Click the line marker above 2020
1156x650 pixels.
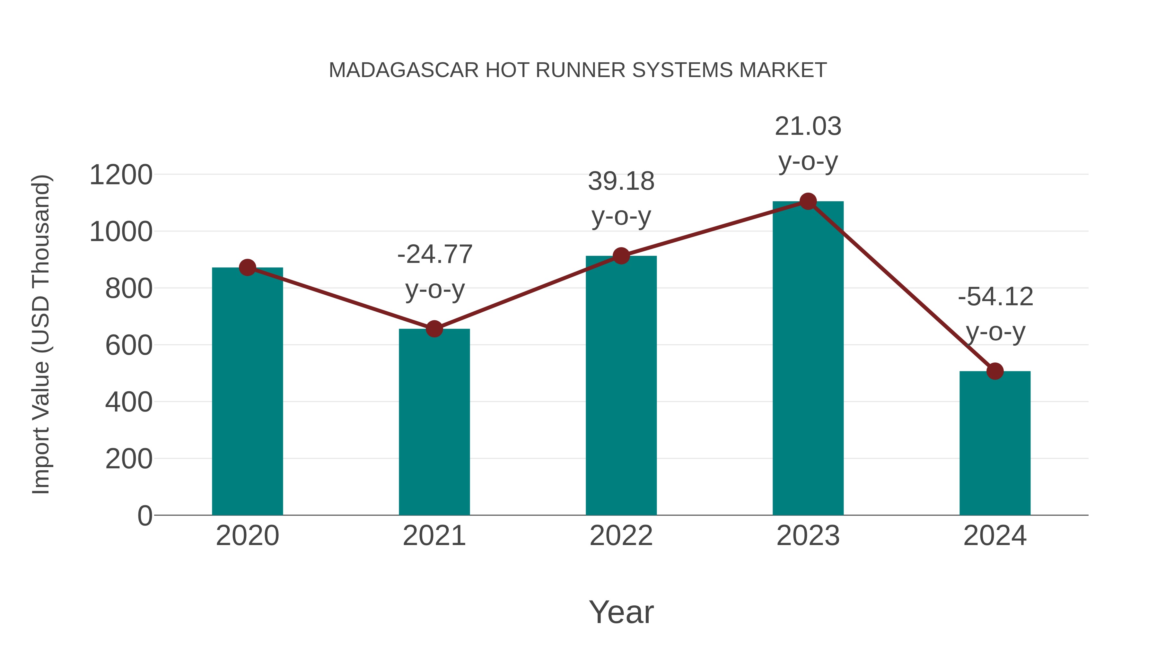pos(247,268)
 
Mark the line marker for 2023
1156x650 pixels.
pos(808,201)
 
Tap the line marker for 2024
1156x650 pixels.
pos(994,371)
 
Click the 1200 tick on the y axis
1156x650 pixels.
pos(121,175)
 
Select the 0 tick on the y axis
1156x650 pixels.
pos(144,516)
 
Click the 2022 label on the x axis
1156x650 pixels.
pos(621,536)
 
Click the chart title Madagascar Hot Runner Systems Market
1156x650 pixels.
pos(578,70)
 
